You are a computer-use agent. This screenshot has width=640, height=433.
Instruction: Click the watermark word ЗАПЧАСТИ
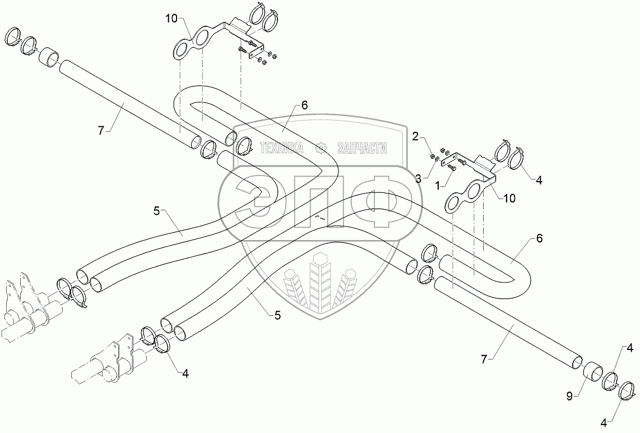[362, 148]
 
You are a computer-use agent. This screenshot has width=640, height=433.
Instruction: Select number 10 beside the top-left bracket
[171, 19]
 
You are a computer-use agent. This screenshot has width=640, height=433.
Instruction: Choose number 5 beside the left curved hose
[157, 211]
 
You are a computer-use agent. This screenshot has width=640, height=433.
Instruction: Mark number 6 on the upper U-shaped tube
[304, 104]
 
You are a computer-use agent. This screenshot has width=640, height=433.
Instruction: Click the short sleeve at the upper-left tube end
[49, 56]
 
